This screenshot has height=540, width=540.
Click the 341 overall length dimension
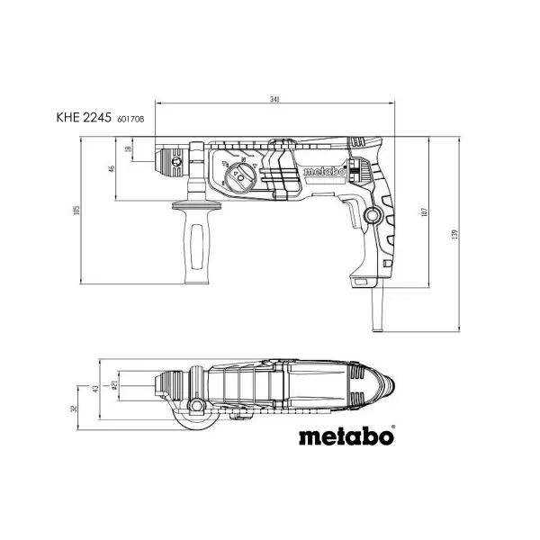click(x=271, y=98)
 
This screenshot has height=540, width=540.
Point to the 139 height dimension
click(x=456, y=234)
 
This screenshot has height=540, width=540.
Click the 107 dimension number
click(x=423, y=216)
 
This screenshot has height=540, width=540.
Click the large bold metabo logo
click(x=346, y=438)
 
